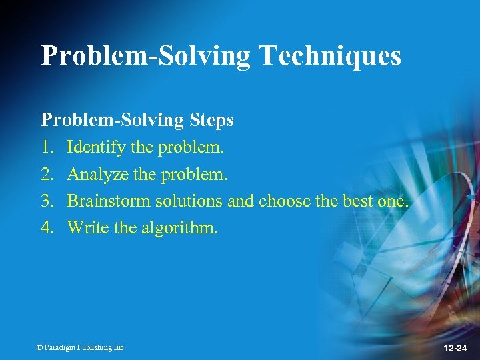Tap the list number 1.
pyautogui.click(x=47, y=147)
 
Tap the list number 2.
pyautogui.click(x=47, y=175)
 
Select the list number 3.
pyautogui.click(x=47, y=201)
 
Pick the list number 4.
pyautogui.click(x=47, y=228)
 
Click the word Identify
pyautogui.click(x=96, y=148)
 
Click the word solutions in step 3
pyautogui.click(x=188, y=201)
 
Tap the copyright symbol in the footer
pyautogui.click(x=39, y=347)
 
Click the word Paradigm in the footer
pyautogui.click(x=61, y=347)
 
